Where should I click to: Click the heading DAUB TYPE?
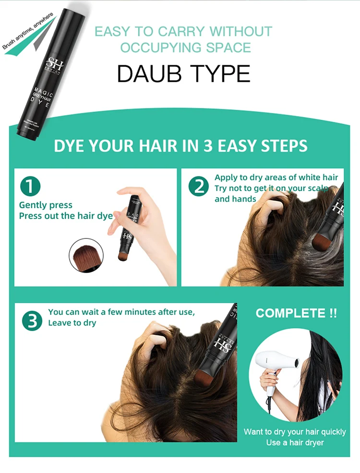pyautogui.click(x=183, y=73)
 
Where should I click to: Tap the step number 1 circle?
pyautogui.click(x=30, y=187)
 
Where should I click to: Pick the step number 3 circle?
pyautogui.click(x=32, y=321)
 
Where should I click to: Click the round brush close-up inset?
pyautogui.click(x=87, y=256)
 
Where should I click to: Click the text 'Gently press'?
pyautogui.click(x=46, y=205)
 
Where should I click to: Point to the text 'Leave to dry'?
pyautogui.click(x=72, y=323)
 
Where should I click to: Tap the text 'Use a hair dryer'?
pyautogui.click(x=295, y=442)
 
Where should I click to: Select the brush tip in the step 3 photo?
pyautogui.click(x=205, y=376)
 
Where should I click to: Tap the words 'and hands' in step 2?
pyautogui.click(x=235, y=199)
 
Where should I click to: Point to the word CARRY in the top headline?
pyautogui.click(x=176, y=32)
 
